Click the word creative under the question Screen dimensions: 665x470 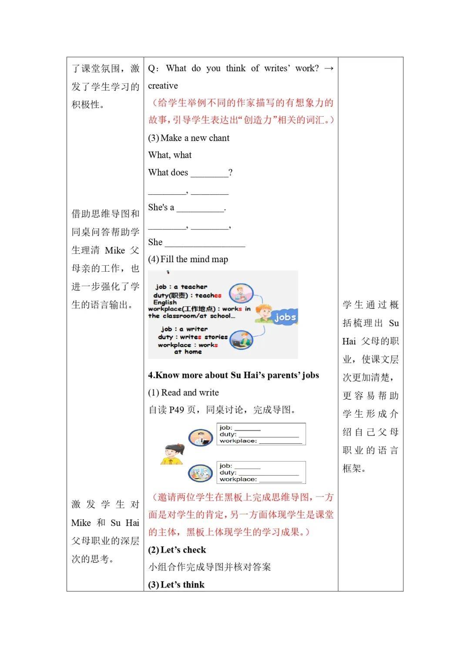click(163, 86)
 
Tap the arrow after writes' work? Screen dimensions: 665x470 click(329, 68)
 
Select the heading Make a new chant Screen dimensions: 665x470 click(195, 138)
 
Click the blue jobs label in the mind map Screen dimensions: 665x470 click(285, 317)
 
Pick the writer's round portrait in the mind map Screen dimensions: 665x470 click(241, 340)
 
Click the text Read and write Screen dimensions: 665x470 click(190, 393)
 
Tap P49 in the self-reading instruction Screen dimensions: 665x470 click(177, 410)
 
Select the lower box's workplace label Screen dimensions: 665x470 click(238, 479)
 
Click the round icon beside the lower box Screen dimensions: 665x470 click(200, 473)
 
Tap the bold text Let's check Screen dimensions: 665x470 click(183, 550)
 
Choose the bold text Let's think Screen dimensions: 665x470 click(182, 585)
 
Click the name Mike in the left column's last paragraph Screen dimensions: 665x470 click(81, 523)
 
